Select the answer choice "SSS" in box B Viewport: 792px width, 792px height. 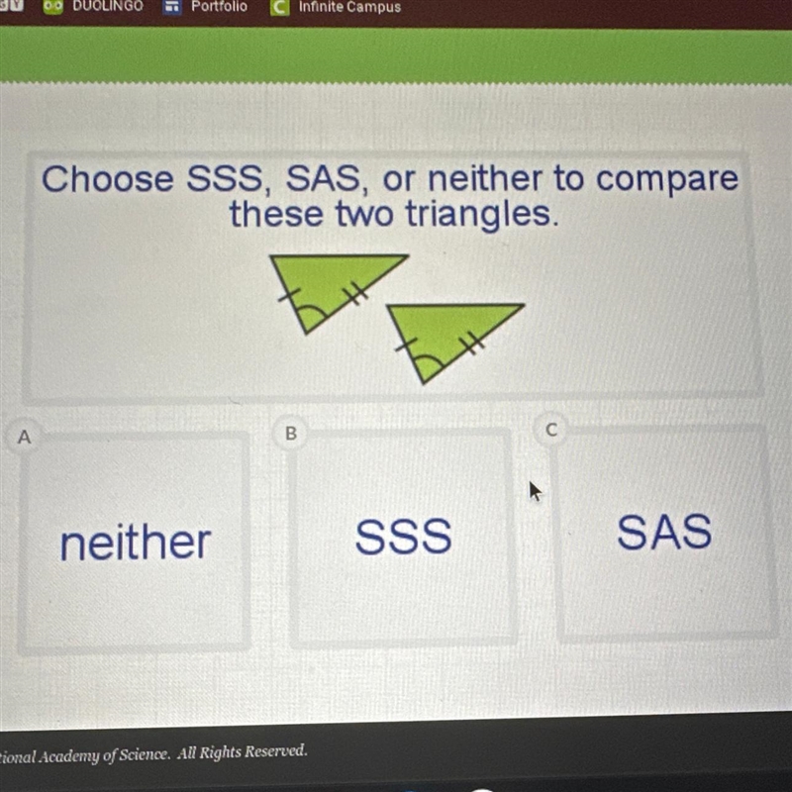coord(403,536)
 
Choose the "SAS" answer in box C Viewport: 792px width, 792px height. coord(664,531)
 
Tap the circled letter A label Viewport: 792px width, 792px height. coord(24,437)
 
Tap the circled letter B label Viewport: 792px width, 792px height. coord(291,433)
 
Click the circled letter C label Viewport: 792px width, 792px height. coord(551,430)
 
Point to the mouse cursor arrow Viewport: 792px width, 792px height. coord(535,490)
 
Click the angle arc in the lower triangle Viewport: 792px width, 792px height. coord(430,359)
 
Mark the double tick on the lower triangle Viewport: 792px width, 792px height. coord(473,344)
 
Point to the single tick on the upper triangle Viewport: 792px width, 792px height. coord(289,294)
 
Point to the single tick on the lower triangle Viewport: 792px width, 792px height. coord(407,345)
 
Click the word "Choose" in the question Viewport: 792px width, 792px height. coord(107,179)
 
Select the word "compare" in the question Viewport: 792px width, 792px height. coord(667,180)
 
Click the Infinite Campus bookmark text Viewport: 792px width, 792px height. coord(349,7)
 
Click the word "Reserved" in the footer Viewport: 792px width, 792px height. coord(275,751)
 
